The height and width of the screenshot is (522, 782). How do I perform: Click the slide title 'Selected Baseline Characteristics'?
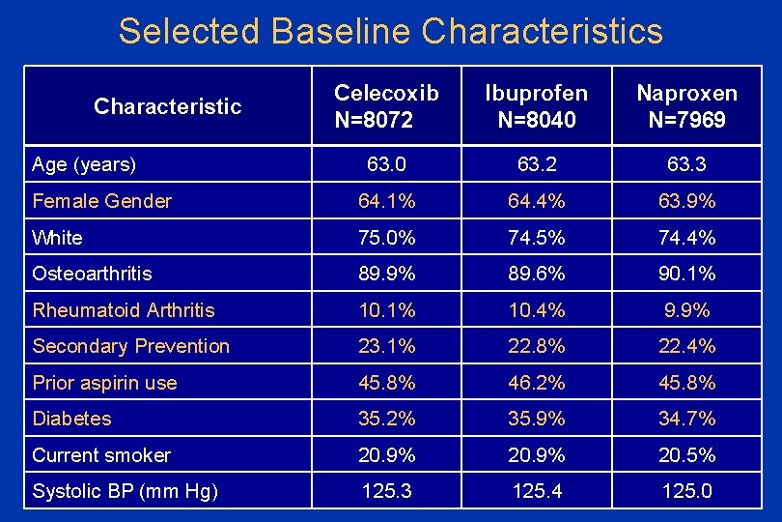pyautogui.click(x=390, y=31)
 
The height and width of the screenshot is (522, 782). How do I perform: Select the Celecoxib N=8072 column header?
pyautogui.click(x=386, y=105)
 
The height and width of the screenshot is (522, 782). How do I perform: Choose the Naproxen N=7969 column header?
pyautogui.click(x=686, y=105)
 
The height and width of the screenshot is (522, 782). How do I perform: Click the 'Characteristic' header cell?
pyautogui.click(x=167, y=106)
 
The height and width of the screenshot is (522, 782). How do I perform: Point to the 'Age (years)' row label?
pyautogui.click(x=84, y=164)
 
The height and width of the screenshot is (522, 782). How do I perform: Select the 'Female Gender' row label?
pyautogui.click(x=101, y=201)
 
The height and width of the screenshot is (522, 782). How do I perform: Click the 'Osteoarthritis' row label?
pyautogui.click(x=92, y=274)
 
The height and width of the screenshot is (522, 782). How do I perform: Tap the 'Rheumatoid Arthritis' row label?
pyautogui.click(x=124, y=310)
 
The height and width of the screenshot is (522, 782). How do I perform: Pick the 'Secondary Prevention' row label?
pyautogui.click(x=131, y=346)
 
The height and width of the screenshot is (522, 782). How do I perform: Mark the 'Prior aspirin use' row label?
pyautogui.click(x=104, y=383)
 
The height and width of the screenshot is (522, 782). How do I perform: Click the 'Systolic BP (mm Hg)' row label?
pyautogui.click(x=125, y=491)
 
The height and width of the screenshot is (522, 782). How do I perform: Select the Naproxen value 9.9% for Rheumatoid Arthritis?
pyautogui.click(x=687, y=310)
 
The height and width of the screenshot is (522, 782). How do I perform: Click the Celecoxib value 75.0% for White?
pyautogui.click(x=386, y=238)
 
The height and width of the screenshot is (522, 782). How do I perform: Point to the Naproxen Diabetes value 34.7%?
pyautogui.click(x=687, y=419)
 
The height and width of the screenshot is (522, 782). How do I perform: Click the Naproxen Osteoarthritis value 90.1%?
pyautogui.click(x=687, y=274)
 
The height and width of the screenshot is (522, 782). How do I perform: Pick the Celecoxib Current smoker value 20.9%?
pyautogui.click(x=386, y=455)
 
